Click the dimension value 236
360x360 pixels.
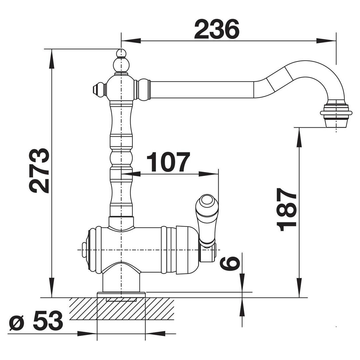[217, 29]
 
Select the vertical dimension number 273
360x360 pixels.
[39, 171]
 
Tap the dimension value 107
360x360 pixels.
[168, 162]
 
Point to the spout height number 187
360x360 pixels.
[287, 209]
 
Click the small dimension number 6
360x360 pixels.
[230, 263]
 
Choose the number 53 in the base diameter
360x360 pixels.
[48, 321]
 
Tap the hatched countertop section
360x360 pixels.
[122, 309]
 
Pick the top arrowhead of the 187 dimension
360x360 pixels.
[299, 137]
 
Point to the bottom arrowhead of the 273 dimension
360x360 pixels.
[52, 288]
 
